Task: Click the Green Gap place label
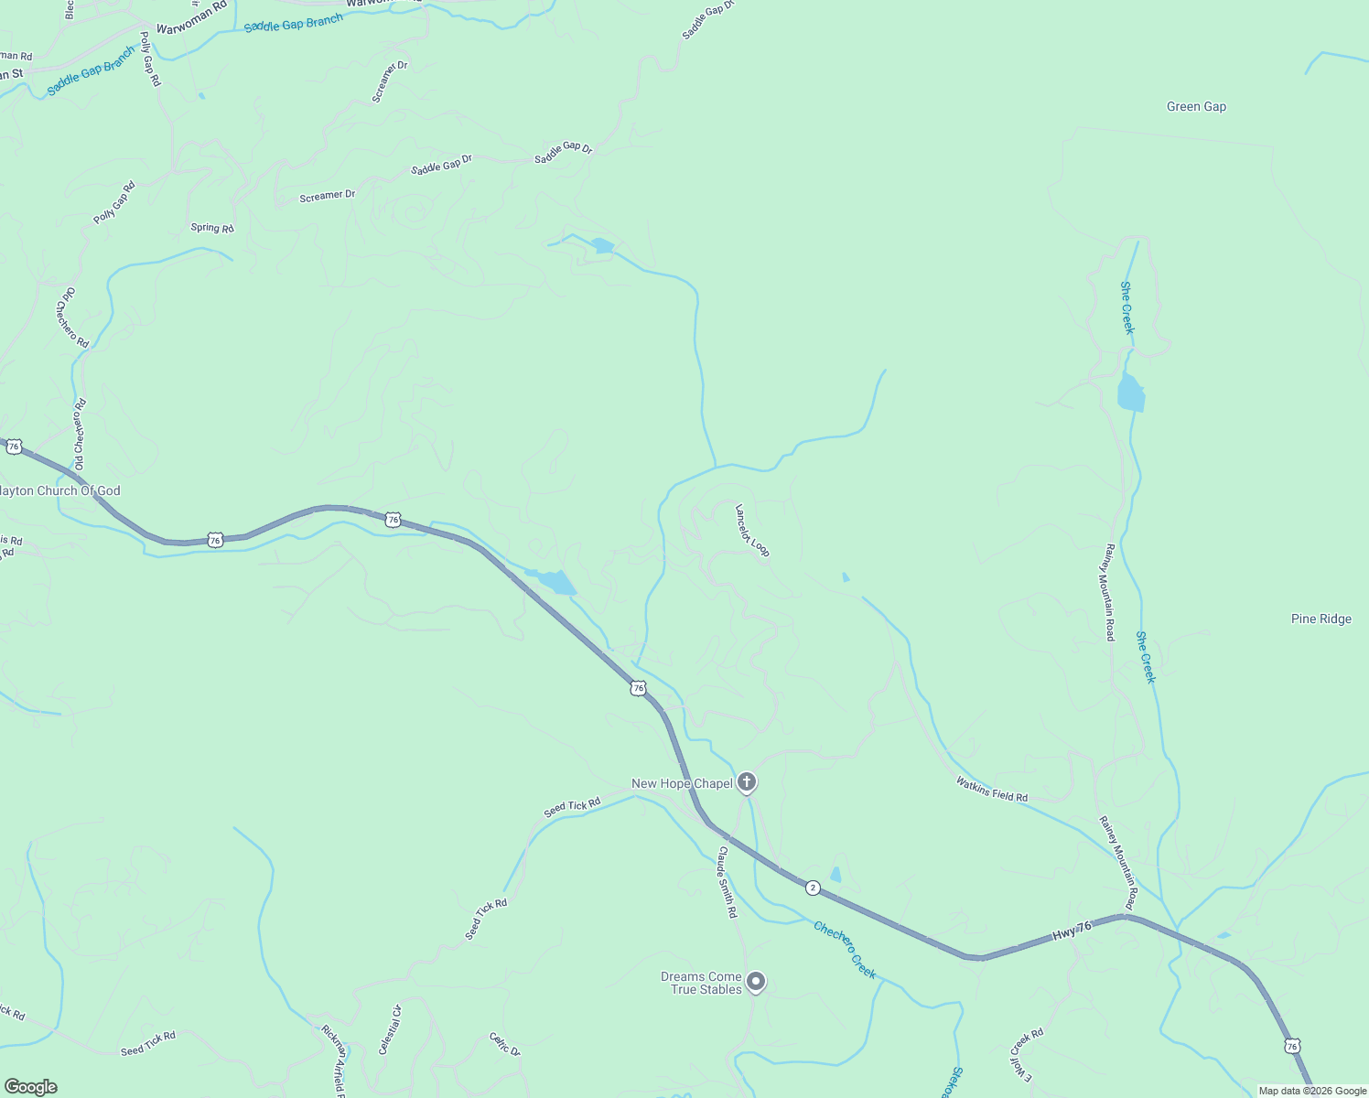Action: tap(1196, 107)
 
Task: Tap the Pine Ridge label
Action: tap(1320, 619)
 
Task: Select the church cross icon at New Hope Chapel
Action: tap(747, 782)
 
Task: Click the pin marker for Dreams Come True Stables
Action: tap(755, 982)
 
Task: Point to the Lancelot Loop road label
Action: tap(753, 530)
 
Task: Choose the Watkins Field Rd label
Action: tap(991, 790)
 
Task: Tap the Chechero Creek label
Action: tap(845, 950)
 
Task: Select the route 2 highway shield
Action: tap(813, 888)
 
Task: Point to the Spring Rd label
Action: tap(212, 228)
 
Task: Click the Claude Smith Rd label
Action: tap(727, 882)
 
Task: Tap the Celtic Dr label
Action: tap(504, 1045)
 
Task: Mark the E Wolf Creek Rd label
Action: tap(1027, 1056)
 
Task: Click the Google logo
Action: tap(29, 1087)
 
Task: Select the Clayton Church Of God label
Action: tap(60, 491)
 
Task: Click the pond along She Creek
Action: tap(1131, 393)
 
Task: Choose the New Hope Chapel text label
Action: tap(682, 784)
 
